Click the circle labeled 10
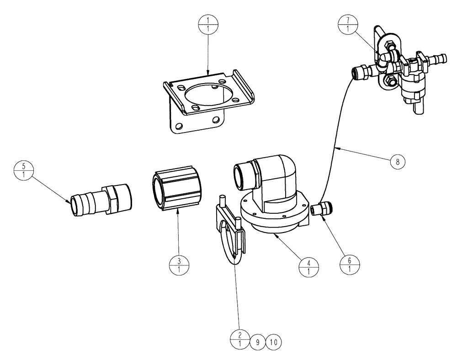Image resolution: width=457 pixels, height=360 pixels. tap(274, 341)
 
